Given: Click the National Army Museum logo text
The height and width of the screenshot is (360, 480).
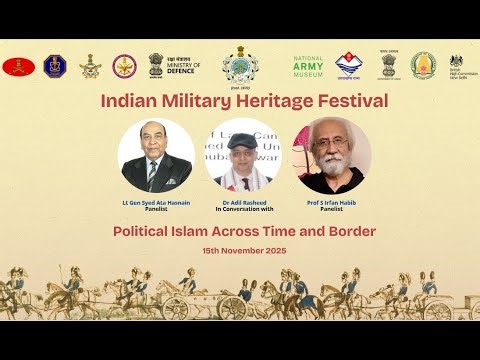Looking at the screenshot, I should click(308, 66).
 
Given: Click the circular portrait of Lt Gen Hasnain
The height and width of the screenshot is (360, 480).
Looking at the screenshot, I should click(156, 157).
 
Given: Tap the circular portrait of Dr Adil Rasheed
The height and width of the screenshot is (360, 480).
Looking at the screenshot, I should click(239, 157).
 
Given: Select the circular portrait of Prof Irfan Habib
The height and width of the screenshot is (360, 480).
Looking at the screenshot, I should click(332, 157).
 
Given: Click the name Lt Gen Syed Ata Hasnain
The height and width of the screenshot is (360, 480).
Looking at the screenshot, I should click(156, 202).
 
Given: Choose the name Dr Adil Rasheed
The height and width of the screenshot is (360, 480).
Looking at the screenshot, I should click(239, 202).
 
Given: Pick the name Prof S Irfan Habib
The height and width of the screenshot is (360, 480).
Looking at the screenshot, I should click(332, 202).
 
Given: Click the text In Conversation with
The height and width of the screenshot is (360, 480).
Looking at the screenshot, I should click(239, 210).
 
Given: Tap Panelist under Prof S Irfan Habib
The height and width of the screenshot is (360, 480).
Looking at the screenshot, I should click(332, 210).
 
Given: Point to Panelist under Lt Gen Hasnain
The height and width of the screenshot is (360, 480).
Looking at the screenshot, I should click(156, 210).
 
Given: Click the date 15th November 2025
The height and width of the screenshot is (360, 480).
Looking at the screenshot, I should click(239, 249).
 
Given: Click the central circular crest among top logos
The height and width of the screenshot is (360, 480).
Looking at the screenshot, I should click(239, 66).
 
